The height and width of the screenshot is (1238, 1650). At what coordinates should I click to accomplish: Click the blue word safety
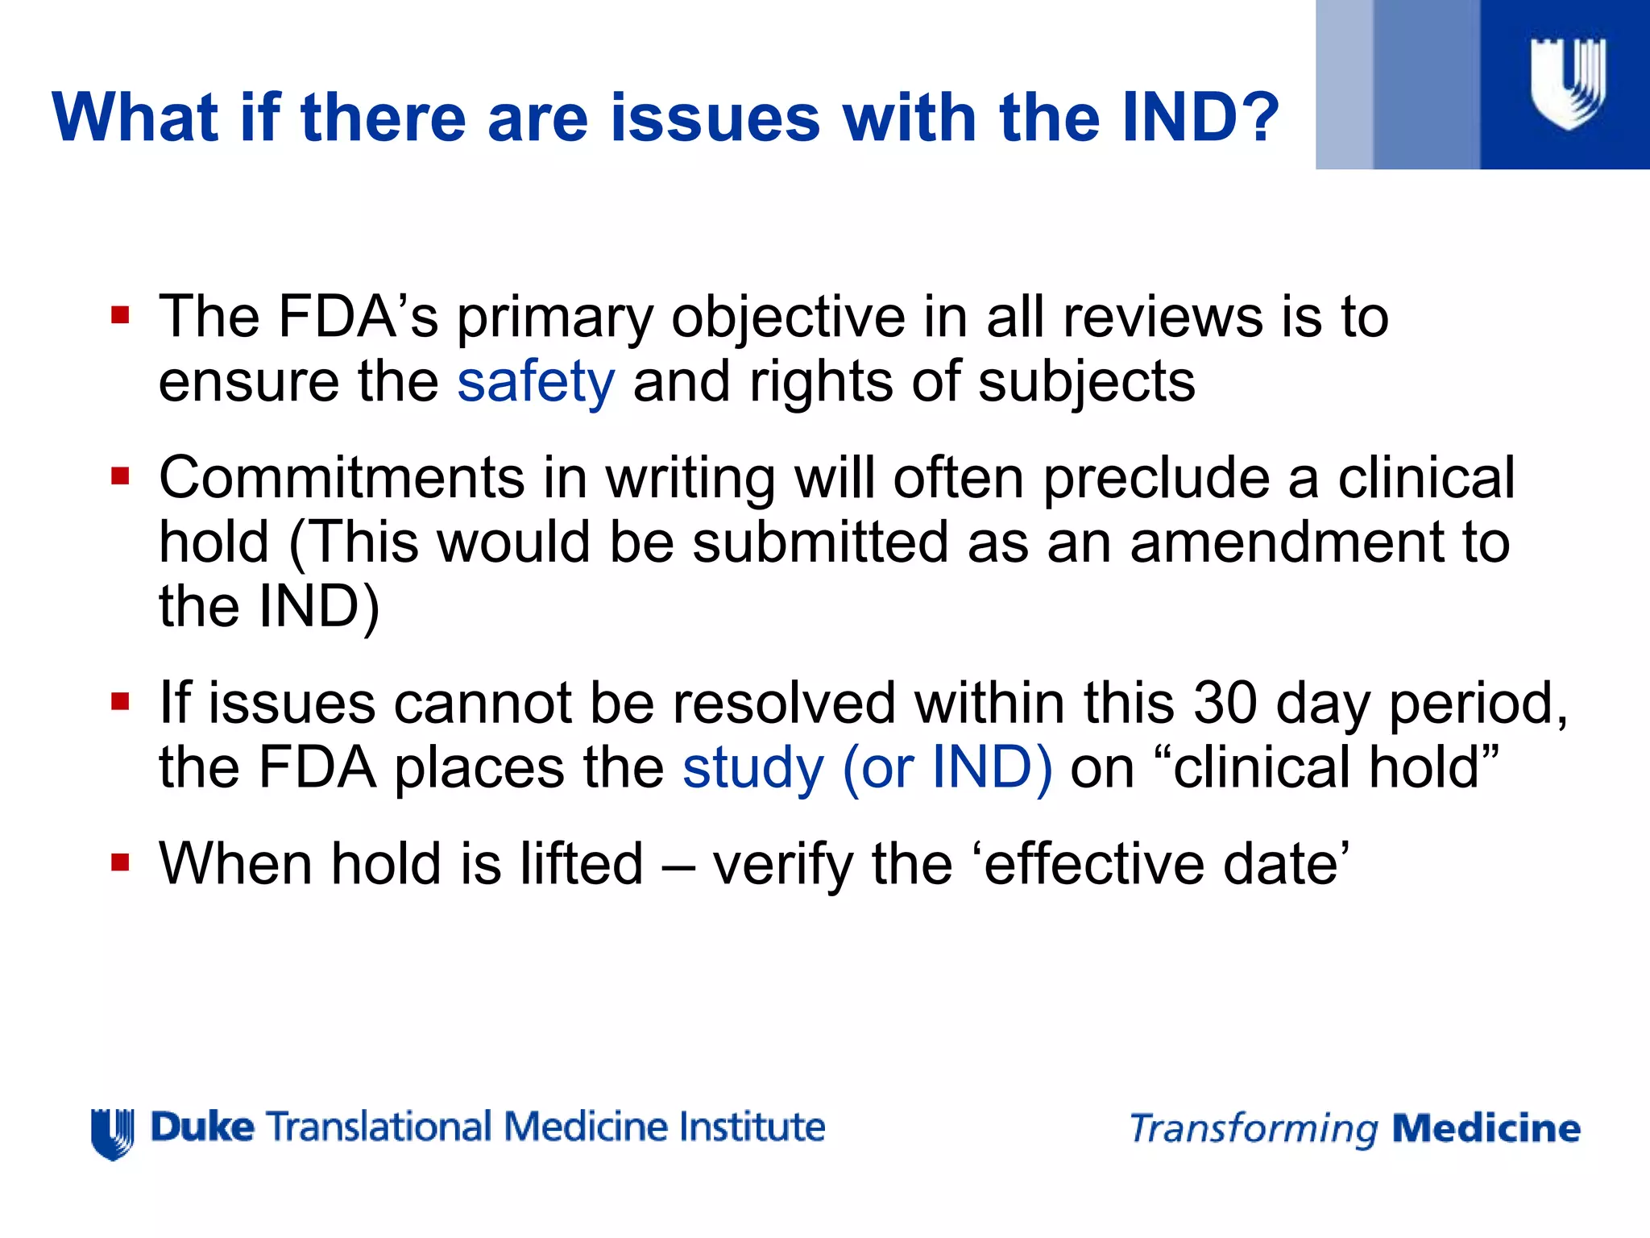click(x=536, y=381)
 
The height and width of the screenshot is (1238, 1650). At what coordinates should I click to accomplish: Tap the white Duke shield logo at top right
click(x=1568, y=84)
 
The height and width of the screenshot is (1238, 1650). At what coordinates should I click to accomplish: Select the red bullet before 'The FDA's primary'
click(x=121, y=314)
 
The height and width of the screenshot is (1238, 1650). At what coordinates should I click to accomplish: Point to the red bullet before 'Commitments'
click(x=121, y=476)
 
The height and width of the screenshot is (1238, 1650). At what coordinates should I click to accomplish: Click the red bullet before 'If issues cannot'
click(x=121, y=701)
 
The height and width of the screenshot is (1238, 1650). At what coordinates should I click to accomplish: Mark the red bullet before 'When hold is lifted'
click(x=121, y=863)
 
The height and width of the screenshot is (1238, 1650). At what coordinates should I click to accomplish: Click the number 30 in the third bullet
click(x=1225, y=703)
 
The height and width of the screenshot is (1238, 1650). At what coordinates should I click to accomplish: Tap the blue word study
click(x=753, y=767)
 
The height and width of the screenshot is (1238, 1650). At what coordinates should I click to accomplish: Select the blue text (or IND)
click(x=947, y=767)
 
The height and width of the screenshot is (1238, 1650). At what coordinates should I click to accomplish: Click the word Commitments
click(x=342, y=478)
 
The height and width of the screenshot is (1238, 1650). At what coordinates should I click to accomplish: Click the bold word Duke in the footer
click(x=202, y=1127)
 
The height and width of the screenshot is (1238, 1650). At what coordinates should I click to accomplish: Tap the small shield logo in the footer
click(x=113, y=1132)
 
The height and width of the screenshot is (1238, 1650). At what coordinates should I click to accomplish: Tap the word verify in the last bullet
click(x=782, y=866)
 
